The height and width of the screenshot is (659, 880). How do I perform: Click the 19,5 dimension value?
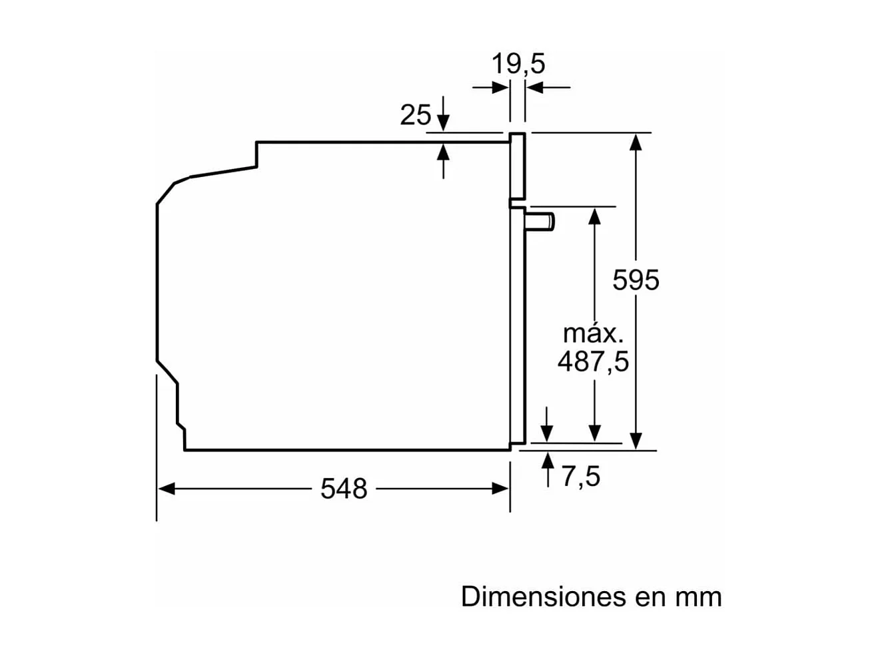[518, 64]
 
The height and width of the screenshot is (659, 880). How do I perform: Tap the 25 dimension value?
[415, 115]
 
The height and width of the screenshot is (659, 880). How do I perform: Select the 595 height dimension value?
[636, 280]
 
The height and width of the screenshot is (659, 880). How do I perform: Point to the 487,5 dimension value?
[593, 361]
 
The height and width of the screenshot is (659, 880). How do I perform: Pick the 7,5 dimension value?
[580, 477]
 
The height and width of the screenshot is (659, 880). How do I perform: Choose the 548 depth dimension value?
[344, 489]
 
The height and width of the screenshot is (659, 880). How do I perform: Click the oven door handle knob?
[540, 221]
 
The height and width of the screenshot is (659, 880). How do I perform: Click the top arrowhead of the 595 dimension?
[636, 141]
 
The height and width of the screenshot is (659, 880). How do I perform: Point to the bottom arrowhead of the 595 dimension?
[636, 441]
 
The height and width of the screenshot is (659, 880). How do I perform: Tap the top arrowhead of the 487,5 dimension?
[594, 215]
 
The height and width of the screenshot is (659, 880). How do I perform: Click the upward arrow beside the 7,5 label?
[548, 460]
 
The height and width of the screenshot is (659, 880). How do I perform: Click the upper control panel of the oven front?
[518, 166]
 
